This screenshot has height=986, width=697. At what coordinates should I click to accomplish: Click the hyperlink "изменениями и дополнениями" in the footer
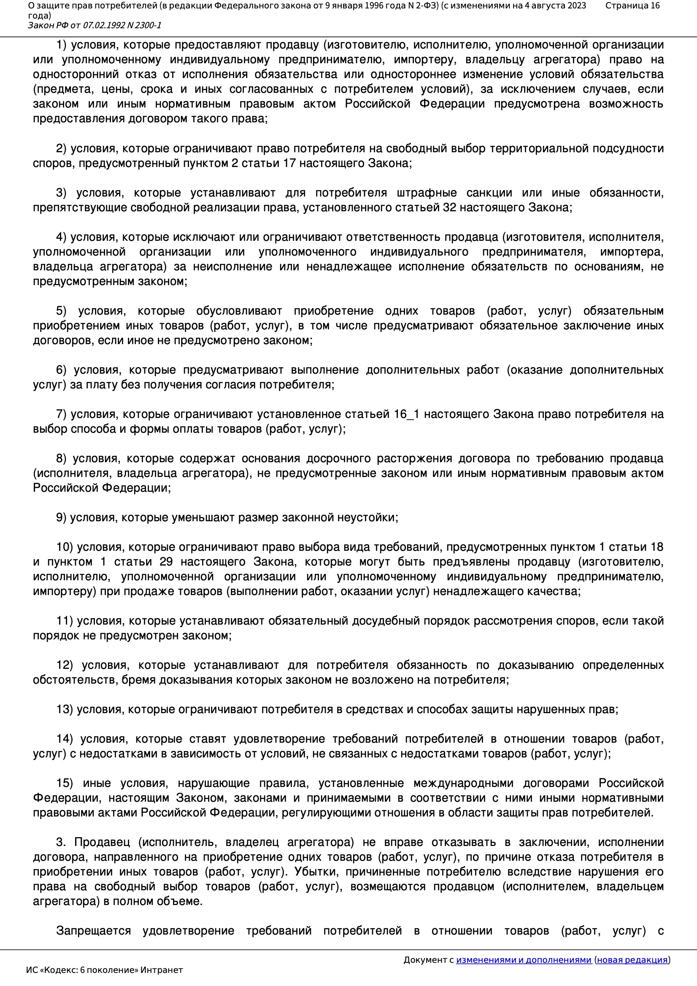point(524,960)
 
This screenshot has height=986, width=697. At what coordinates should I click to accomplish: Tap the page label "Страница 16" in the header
point(632,5)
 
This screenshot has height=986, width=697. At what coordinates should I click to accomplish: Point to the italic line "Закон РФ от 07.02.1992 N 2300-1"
point(95,25)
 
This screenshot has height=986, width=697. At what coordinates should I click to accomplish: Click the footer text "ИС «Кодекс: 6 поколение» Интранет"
point(104,970)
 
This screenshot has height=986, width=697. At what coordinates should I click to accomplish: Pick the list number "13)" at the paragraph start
point(65,709)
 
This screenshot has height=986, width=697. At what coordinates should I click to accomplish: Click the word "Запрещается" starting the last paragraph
point(93,931)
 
